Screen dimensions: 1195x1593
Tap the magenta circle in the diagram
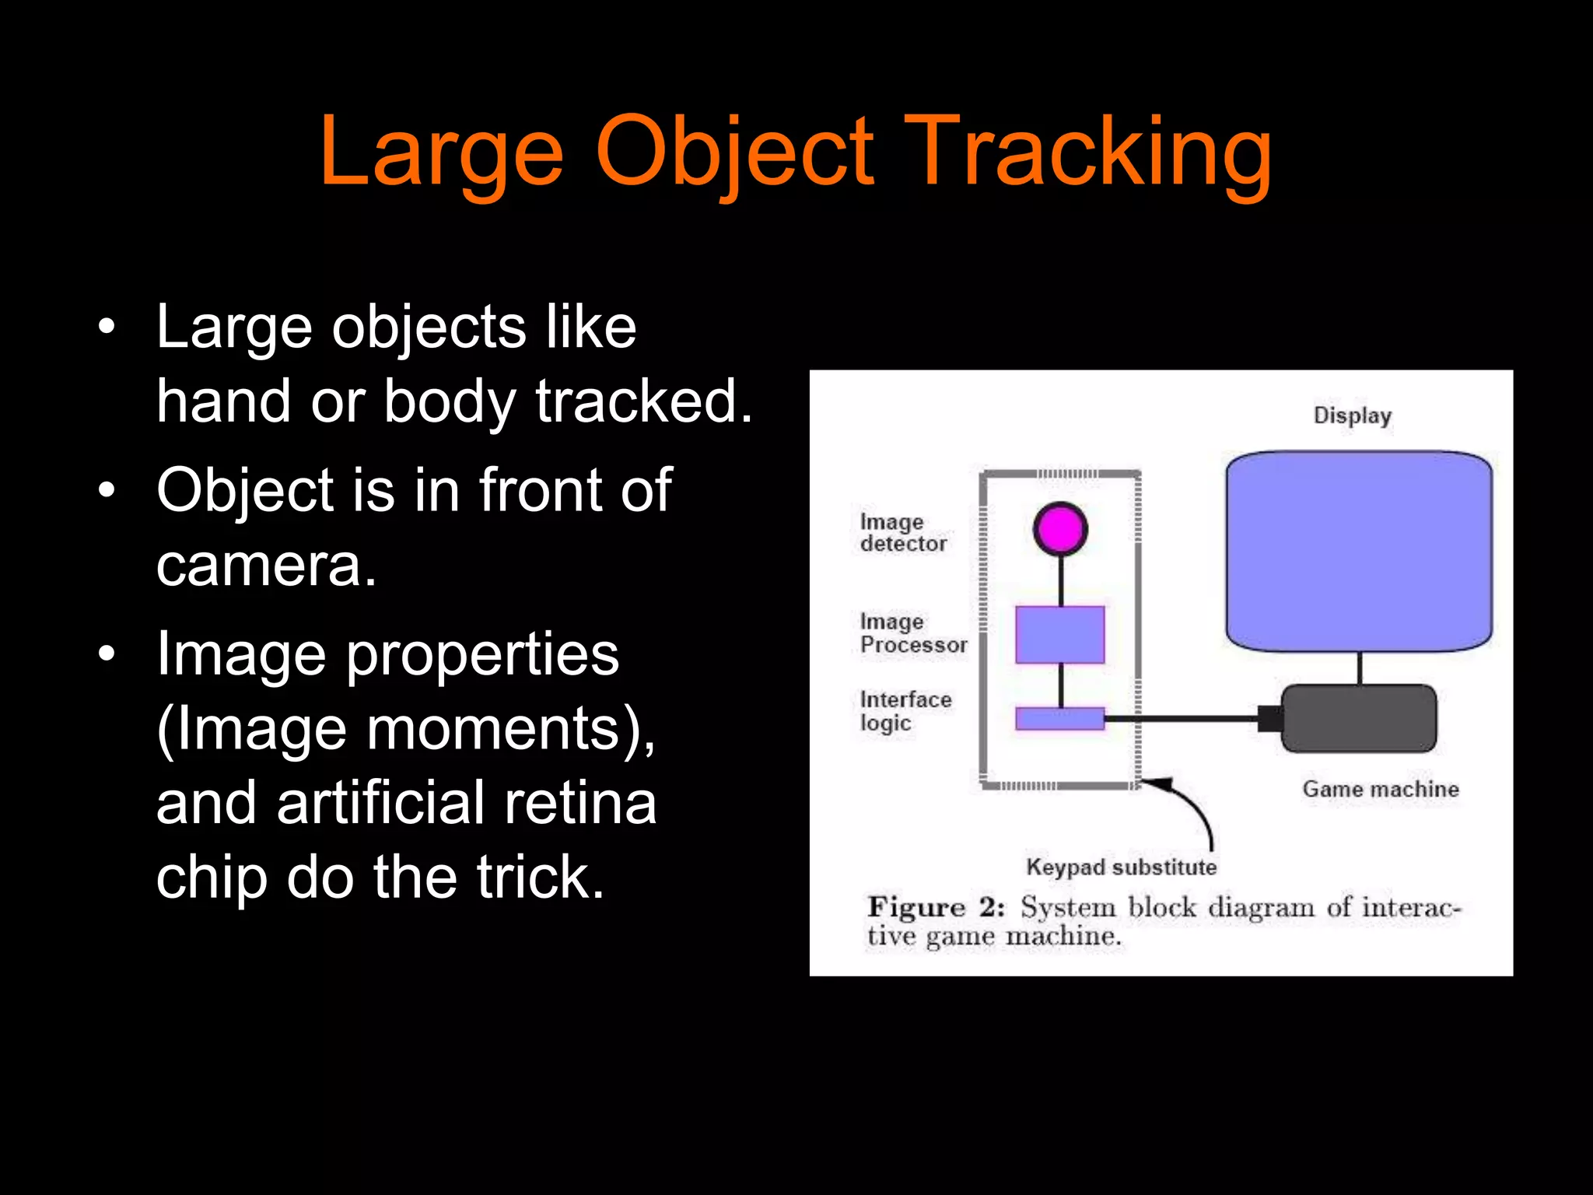(1060, 529)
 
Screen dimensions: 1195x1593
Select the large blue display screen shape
(1359, 551)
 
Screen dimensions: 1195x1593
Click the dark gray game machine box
(1359, 718)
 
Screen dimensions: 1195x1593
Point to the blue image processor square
(1060, 635)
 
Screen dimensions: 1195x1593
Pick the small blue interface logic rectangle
(1060, 718)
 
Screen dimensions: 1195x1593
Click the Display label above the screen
(1352, 415)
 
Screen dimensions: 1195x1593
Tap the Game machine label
(1381, 789)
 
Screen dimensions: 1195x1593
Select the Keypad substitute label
(1121, 867)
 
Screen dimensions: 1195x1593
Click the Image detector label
(902, 533)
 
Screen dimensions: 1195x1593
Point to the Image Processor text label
(913, 633)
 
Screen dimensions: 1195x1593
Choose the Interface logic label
(905, 711)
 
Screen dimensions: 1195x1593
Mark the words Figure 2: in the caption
(936, 907)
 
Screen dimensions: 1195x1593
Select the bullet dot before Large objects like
(107, 327)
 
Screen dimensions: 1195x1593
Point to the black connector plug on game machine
(1269, 719)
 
